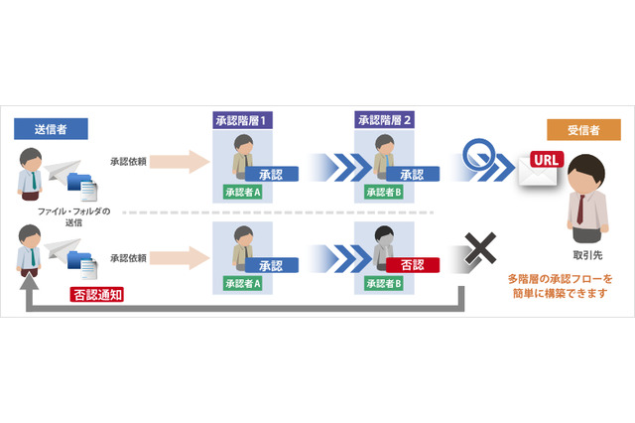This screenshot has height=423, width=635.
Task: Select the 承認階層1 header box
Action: coord(243,120)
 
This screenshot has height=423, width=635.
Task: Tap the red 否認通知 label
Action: coord(96,294)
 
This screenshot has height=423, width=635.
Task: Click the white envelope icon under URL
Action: coord(536,176)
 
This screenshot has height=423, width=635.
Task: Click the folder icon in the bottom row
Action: coord(82,266)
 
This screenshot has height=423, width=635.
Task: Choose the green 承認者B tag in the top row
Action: coord(384,193)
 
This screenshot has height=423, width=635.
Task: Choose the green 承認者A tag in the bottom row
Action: coord(242,283)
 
